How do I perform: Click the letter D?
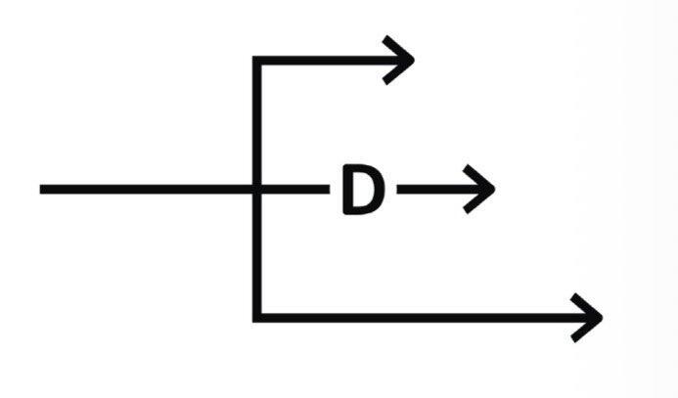[x=363, y=190]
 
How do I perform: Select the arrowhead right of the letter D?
[x=480, y=189]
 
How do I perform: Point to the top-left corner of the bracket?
[x=257, y=60]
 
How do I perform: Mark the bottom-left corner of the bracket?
[x=257, y=318]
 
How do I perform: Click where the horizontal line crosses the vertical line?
[x=257, y=189]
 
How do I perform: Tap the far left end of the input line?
[x=40, y=189]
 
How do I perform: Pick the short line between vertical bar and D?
[x=295, y=189]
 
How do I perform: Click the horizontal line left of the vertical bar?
[x=146, y=189]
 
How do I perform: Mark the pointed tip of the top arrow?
[x=414, y=60]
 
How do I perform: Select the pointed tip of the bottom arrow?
[x=603, y=318]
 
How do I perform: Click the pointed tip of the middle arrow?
[x=495, y=189]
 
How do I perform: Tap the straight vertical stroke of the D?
[x=348, y=190]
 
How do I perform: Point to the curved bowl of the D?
[x=379, y=190]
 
